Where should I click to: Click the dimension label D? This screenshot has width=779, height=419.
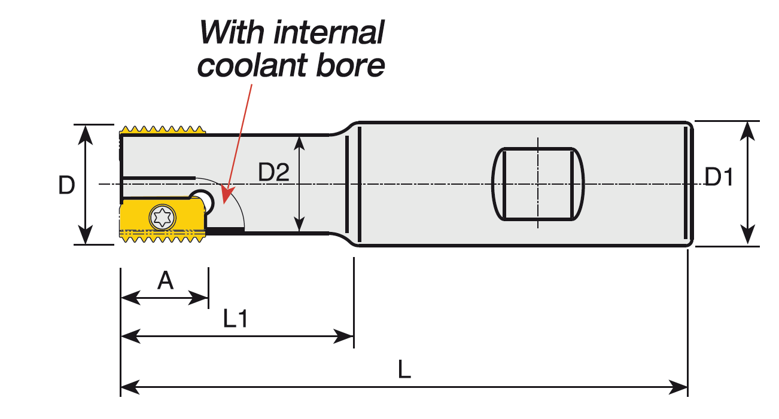tap(66, 186)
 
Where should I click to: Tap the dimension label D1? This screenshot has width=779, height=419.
tap(719, 178)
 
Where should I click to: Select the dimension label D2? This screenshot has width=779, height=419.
tap(273, 173)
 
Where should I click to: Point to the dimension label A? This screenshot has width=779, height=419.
tap(165, 280)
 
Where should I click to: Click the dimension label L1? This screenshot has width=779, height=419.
tap(235, 320)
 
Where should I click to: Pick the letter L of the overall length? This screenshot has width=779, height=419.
tap(404, 371)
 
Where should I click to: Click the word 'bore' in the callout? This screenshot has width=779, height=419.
tap(355, 65)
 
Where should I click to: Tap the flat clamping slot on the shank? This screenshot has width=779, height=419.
tap(537, 183)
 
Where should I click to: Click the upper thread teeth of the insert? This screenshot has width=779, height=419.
tap(162, 130)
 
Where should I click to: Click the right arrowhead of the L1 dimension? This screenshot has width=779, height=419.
tap(347, 337)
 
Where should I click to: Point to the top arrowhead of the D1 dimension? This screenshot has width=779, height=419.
tap(748, 128)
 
